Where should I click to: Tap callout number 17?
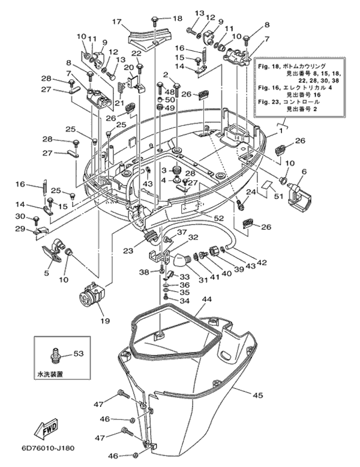coord(117,22)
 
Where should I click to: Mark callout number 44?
coord(207,299)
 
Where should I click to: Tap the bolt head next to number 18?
coord(155,20)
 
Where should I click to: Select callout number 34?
coord(185,301)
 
